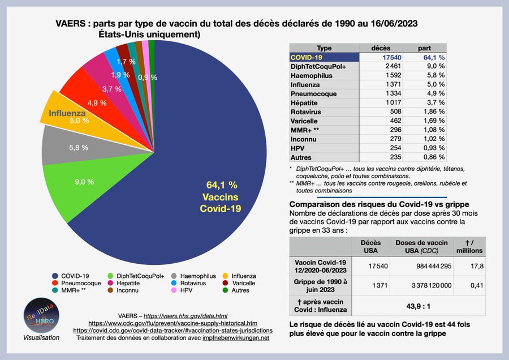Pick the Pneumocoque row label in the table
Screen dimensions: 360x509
[313, 93]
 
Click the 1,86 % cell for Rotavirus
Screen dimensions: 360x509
[432, 112]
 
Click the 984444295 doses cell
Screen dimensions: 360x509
[421, 265]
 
